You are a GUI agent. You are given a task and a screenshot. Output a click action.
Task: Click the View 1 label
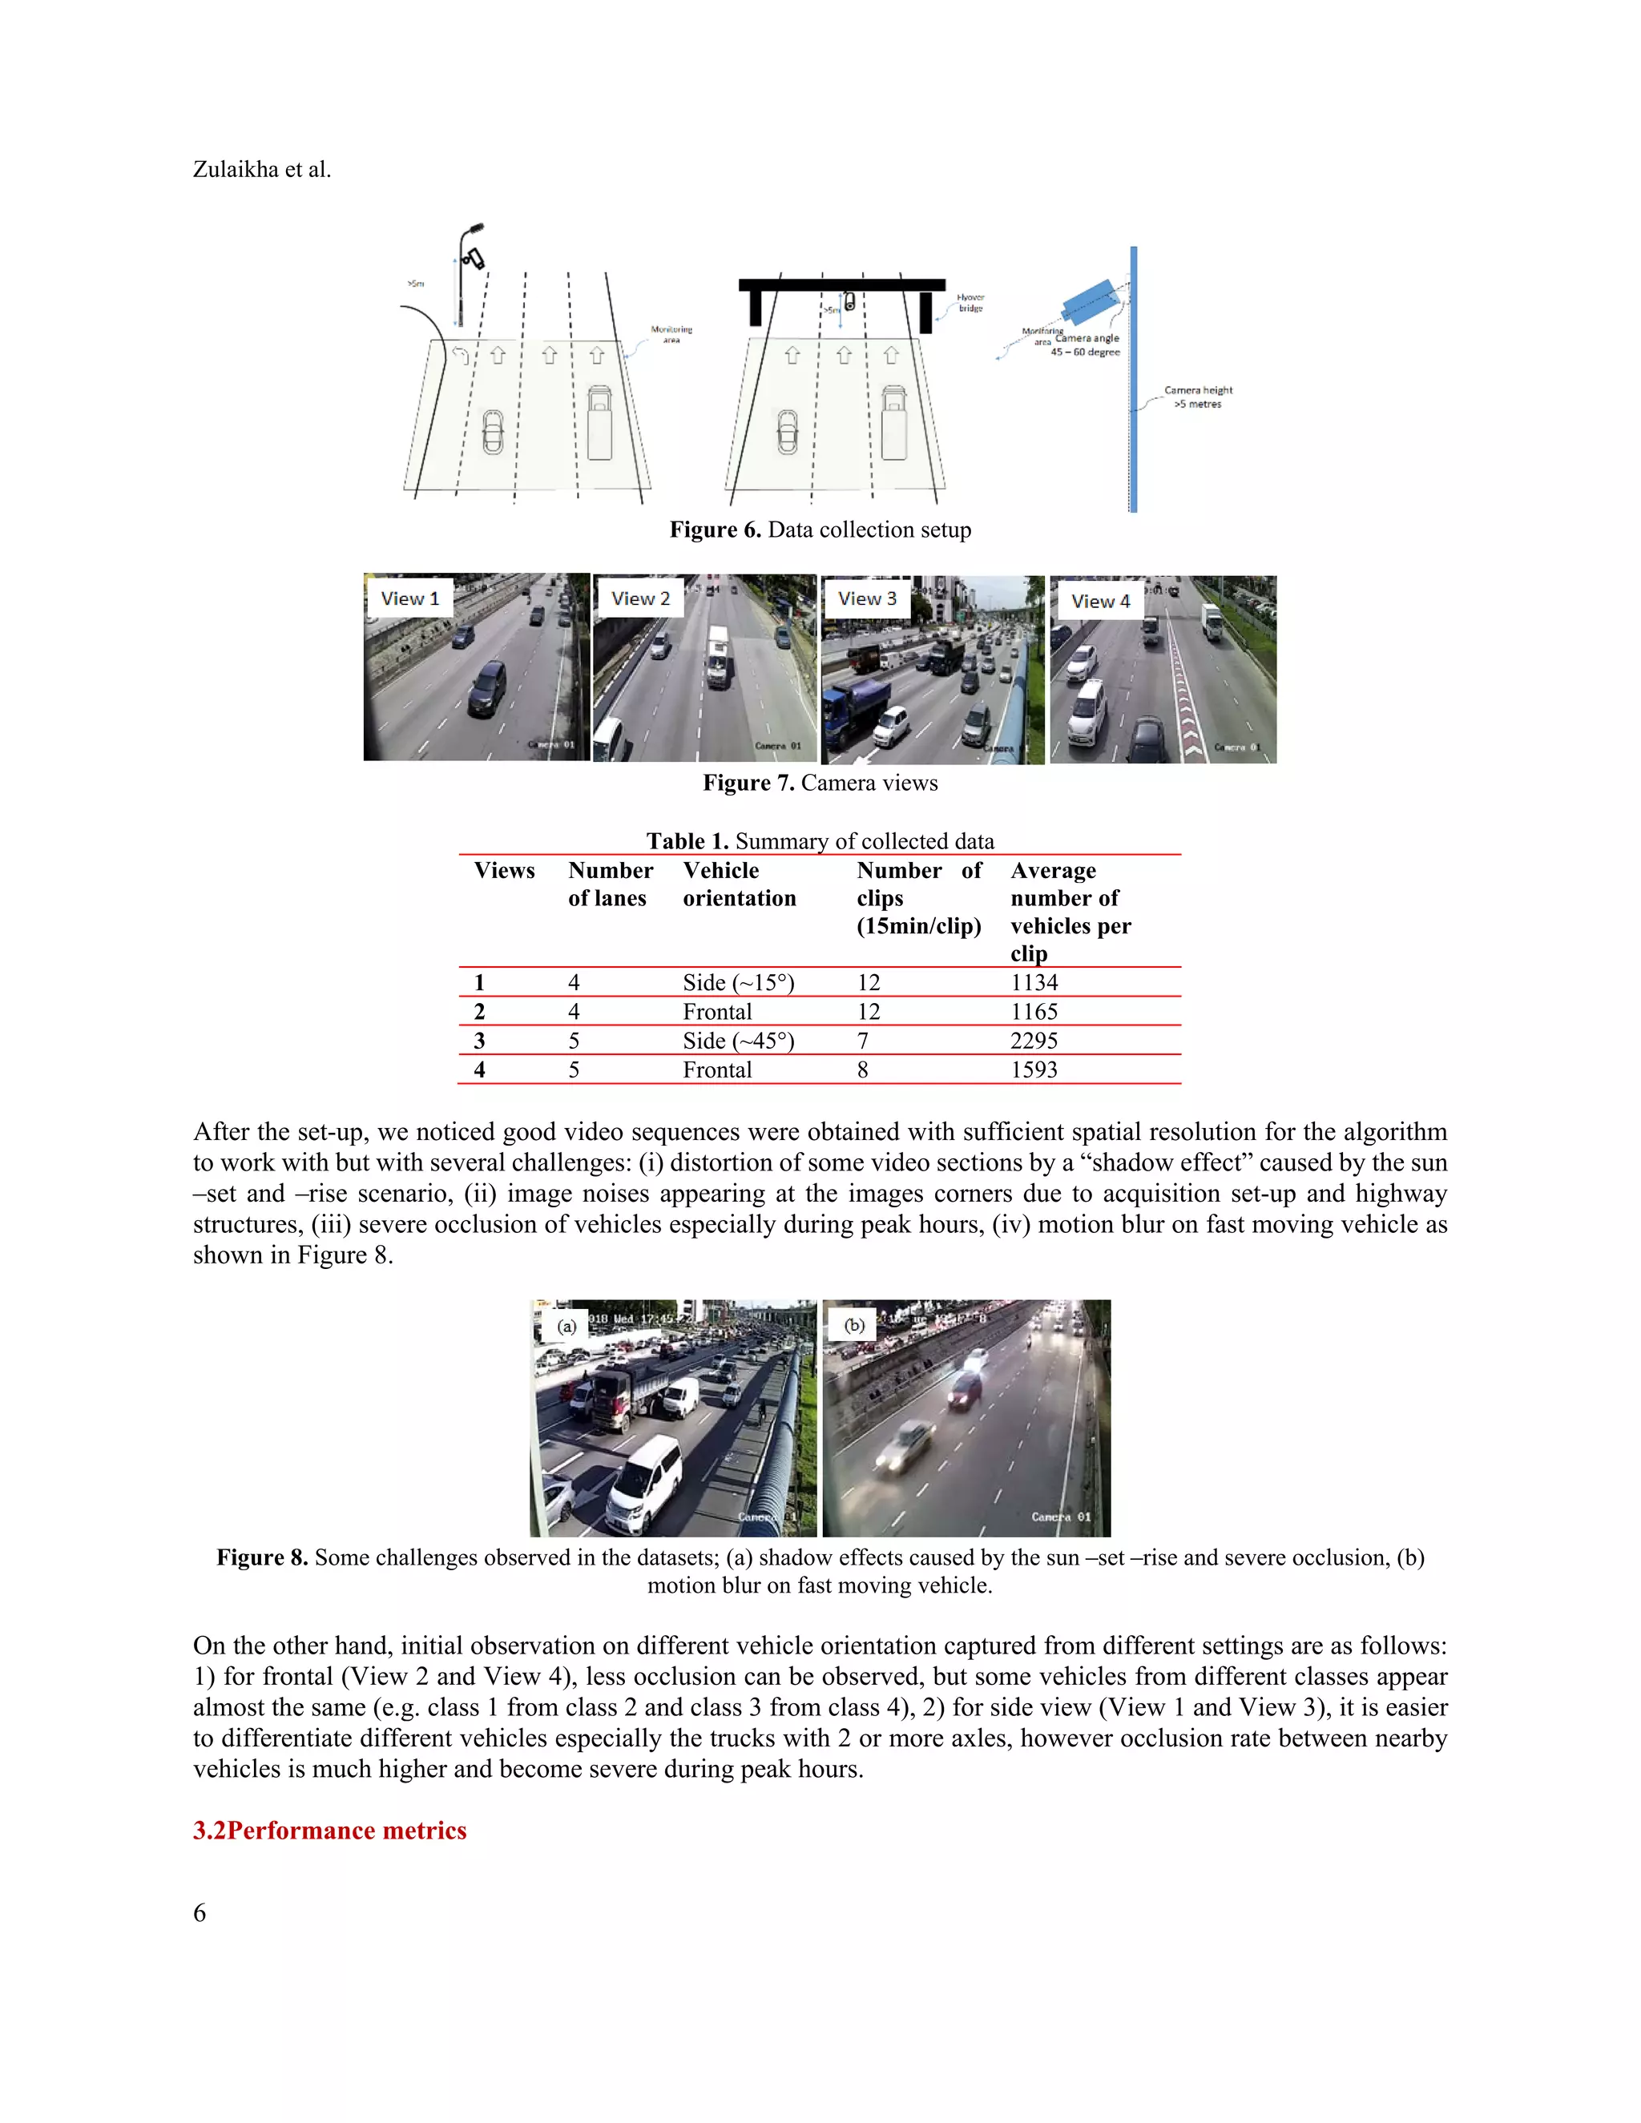409,598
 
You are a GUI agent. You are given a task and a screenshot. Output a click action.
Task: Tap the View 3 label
867,598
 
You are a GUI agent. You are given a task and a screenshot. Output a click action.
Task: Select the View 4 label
1100,601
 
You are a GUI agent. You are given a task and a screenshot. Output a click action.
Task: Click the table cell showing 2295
1034,1040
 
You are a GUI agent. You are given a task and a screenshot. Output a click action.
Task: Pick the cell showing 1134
1034,983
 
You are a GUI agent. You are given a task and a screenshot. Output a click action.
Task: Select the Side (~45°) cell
738,1040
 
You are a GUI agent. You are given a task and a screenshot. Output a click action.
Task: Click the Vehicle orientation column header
739,884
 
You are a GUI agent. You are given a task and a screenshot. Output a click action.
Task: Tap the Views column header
503,870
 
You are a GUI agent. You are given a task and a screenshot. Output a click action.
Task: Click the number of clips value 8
862,1070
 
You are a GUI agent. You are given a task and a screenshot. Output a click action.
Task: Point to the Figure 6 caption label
715,530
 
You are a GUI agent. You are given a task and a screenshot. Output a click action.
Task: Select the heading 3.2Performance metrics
329,1831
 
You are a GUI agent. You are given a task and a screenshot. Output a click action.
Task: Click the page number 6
200,1913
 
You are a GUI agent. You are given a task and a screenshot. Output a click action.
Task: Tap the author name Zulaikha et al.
261,169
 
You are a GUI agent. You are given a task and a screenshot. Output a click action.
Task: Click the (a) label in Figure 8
566,1326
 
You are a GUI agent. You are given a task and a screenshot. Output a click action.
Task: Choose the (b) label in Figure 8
854,1325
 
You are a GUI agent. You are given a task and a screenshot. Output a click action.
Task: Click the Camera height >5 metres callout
1198,397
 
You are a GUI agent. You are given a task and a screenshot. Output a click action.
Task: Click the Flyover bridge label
970,302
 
